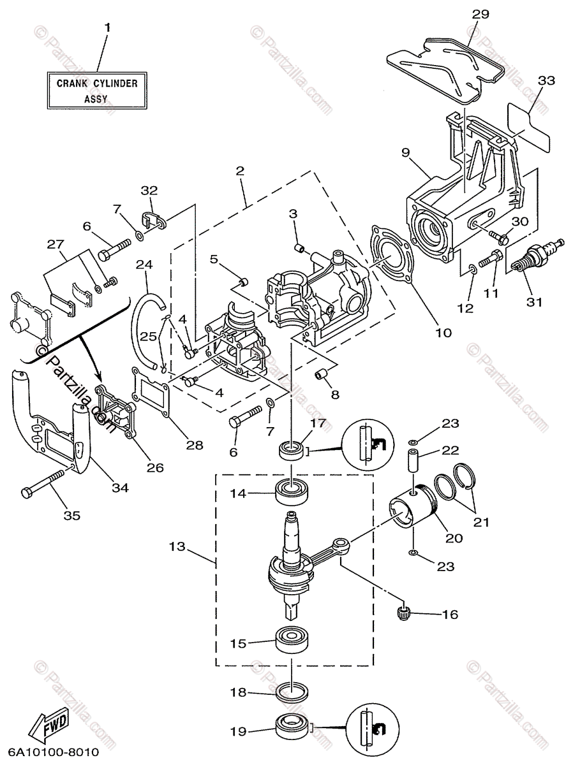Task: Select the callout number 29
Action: pos(480,14)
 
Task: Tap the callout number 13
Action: pos(177,546)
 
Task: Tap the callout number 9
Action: pos(406,152)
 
